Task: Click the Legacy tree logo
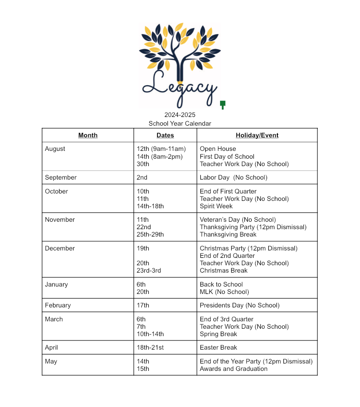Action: [x=179, y=65]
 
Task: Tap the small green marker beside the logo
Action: [x=223, y=105]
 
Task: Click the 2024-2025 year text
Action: [x=180, y=115]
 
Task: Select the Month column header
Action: [x=88, y=135]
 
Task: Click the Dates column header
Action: [x=165, y=135]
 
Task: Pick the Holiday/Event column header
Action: [x=257, y=135]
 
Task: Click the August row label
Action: [x=55, y=149]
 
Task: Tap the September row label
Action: [x=61, y=177]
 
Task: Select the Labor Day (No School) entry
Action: [x=233, y=177]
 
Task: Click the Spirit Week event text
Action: [x=216, y=206]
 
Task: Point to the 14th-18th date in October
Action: [x=150, y=206]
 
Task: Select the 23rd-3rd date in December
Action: [x=149, y=270]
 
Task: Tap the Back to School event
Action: [x=221, y=284]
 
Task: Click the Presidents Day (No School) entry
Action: [x=240, y=305]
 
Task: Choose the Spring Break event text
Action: [x=218, y=334]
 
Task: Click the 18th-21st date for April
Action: [x=150, y=347]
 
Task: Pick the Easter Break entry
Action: [x=218, y=347]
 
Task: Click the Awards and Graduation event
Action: [x=233, y=369]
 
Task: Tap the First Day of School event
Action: [x=227, y=157]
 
